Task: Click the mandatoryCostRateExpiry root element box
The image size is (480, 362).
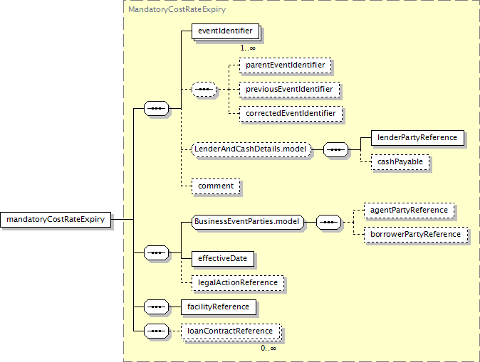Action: point(56,220)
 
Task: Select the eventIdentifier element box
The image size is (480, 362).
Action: point(226,31)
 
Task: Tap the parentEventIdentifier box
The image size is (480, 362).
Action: point(286,65)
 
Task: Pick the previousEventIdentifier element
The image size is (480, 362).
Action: point(289,90)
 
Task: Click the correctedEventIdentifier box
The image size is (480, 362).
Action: point(291,113)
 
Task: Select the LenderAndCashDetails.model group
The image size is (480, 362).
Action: point(251,149)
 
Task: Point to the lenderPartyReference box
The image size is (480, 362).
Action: point(417,138)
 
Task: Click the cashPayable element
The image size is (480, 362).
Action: point(400,162)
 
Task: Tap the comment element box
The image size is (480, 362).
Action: point(216,186)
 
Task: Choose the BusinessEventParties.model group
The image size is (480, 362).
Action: point(248,222)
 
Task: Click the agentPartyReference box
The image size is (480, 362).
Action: point(409,211)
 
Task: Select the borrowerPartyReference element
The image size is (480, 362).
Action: point(416,235)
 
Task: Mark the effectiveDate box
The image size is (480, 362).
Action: point(223,259)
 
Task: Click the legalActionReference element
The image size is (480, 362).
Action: point(238,283)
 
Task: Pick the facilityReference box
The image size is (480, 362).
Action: point(219,307)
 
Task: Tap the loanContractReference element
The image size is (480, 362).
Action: point(231,331)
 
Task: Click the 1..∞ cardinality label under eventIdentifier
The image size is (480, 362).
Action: point(248,48)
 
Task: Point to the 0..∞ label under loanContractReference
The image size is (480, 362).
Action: point(268,348)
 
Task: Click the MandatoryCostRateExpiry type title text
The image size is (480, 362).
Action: point(177,9)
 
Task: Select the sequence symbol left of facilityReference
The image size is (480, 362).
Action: point(156,307)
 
